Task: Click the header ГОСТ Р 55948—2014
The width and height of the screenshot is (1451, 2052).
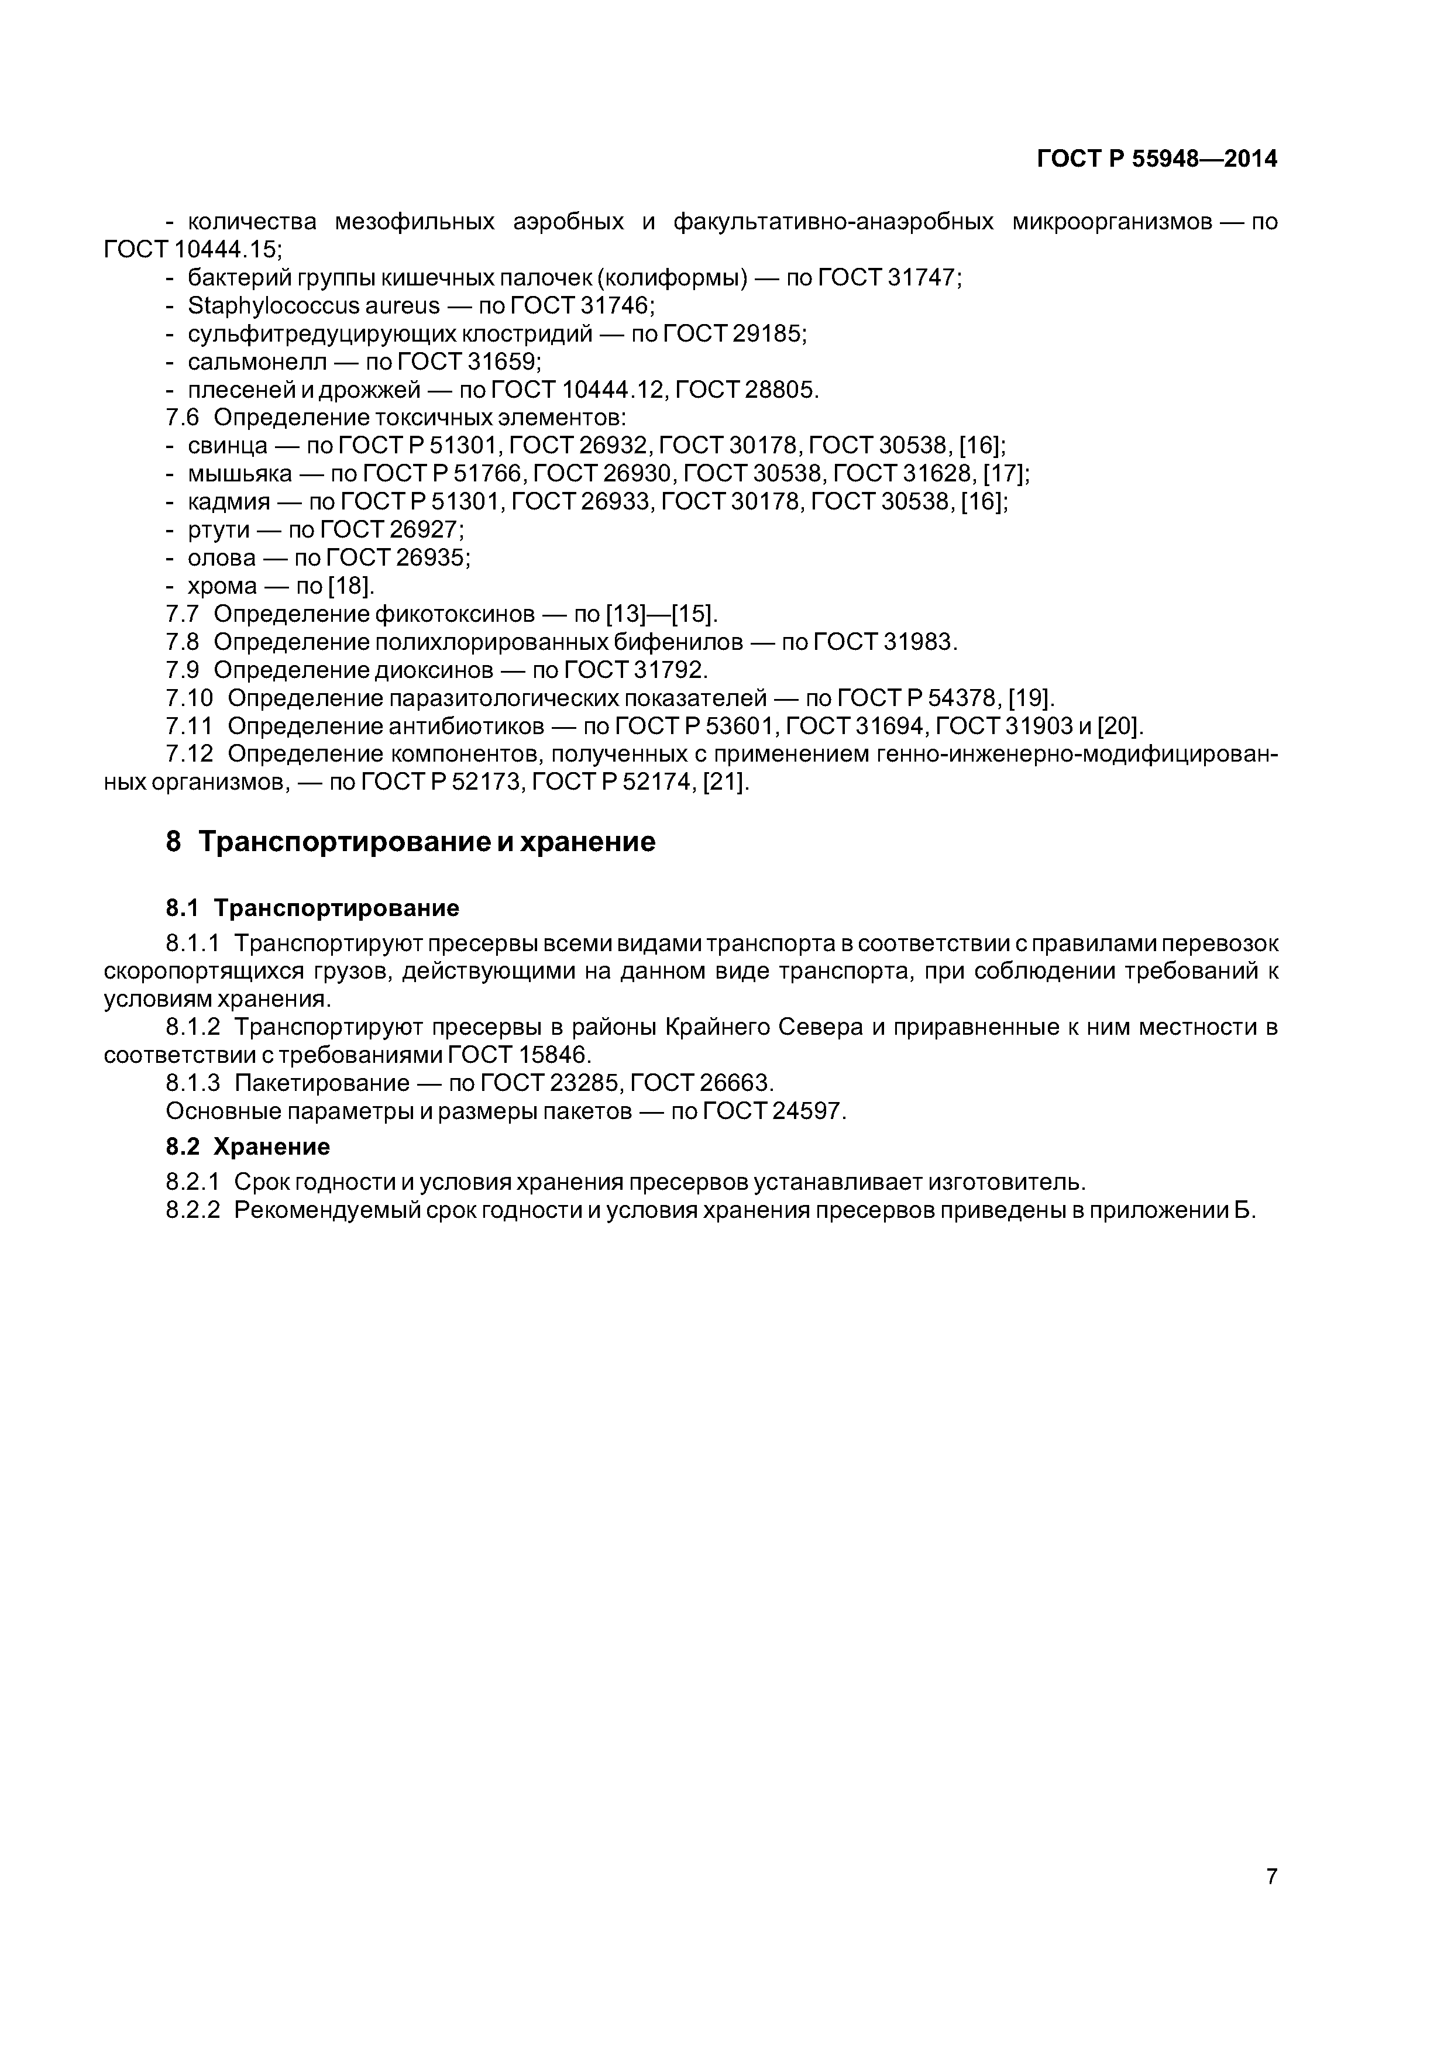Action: coord(1157,159)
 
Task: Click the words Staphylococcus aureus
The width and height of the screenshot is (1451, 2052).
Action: coord(314,306)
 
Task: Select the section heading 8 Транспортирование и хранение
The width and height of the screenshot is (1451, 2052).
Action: coord(410,842)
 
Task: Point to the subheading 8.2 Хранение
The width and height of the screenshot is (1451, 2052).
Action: coord(247,1146)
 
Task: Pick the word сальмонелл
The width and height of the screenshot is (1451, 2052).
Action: coord(257,362)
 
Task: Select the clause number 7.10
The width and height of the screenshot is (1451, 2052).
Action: coord(190,698)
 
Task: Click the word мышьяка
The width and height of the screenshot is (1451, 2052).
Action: coord(240,474)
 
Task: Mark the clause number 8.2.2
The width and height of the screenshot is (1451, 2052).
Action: coord(192,1210)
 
